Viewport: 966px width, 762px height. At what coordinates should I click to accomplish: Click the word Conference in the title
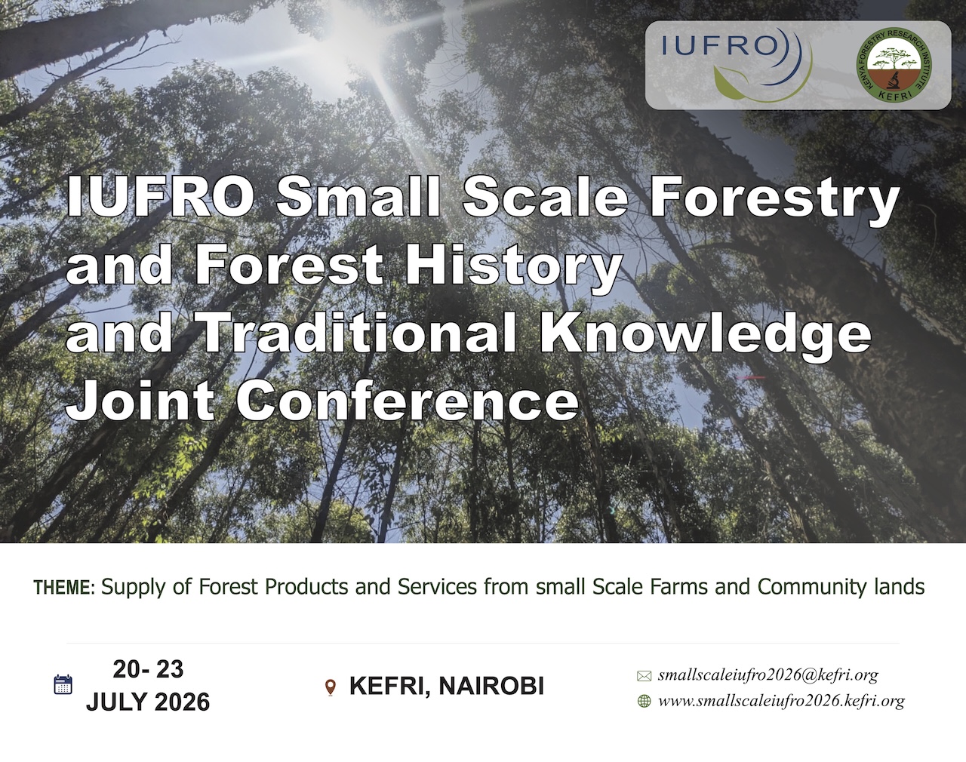(407, 401)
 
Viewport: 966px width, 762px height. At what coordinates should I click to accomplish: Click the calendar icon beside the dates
(63, 684)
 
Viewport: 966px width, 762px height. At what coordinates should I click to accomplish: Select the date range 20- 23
(148, 669)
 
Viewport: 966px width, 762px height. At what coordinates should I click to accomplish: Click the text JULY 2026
(148, 702)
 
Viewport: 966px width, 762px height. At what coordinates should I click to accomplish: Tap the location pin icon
(331, 687)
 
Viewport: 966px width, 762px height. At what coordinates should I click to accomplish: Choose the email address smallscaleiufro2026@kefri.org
(768, 675)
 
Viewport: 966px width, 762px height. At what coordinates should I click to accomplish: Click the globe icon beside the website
(645, 701)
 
